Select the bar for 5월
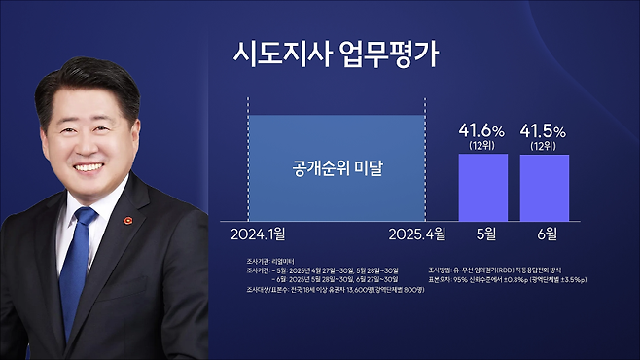click(482, 187)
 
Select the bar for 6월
click(544, 187)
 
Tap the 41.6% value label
click(482, 129)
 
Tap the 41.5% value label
click(544, 129)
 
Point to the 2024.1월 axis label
click(265, 234)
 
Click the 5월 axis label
click(482, 234)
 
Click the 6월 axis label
click(545, 234)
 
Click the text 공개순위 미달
click(338, 168)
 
